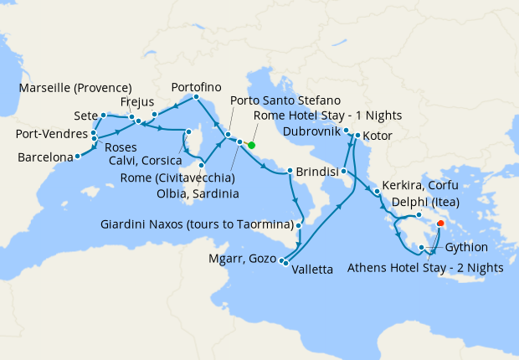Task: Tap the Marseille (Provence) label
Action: click(75, 88)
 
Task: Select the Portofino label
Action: click(195, 87)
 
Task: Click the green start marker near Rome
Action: click(251, 145)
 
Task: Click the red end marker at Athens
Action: click(440, 223)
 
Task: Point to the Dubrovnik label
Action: click(311, 132)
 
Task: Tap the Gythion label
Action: click(466, 248)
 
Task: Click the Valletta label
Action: click(312, 269)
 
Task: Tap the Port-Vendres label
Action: click(52, 134)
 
